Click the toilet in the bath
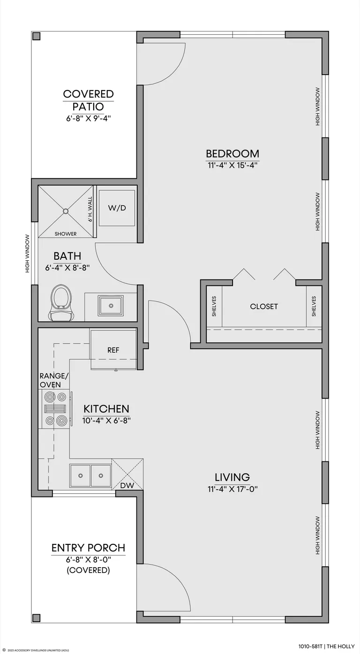pos(61,303)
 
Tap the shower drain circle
pos(66,211)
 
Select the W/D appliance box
pos(117,208)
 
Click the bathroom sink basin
pos(111,306)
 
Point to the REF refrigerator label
pos(113,350)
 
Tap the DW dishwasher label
pos(127,486)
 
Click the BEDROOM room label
pos(232,154)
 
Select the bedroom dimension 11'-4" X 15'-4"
pos(232,165)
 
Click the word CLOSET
pos(264,306)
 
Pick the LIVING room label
pos(232,477)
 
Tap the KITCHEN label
pos(106,409)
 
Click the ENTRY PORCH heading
pos(88,548)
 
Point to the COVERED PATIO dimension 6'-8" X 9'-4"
pos(88,119)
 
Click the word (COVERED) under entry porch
pos(88,570)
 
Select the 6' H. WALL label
pos(90,209)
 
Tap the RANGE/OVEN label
pos(54,380)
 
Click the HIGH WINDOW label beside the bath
pos(28,254)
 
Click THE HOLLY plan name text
pos(341,646)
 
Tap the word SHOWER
pos(66,234)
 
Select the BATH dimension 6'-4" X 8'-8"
pos(67,268)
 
